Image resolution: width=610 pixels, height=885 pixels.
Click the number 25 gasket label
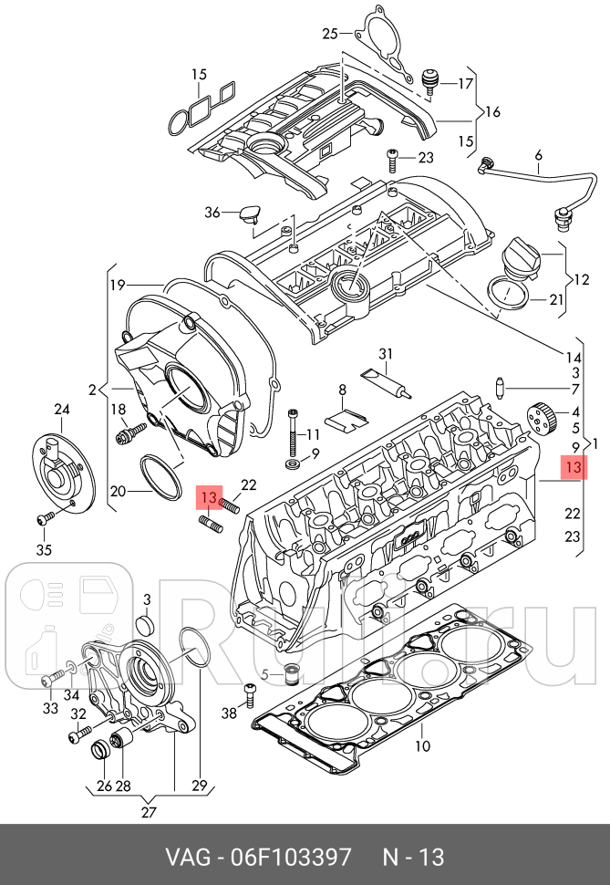(x=330, y=35)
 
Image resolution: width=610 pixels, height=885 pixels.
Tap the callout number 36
(x=212, y=213)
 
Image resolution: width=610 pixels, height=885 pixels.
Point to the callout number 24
(x=62, y=409)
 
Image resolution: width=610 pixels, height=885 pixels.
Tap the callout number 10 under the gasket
(x=421, y=746)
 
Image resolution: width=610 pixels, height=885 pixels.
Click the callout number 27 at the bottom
(x=149, y=813)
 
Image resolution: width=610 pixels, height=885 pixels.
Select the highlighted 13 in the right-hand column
(x=573, y=467)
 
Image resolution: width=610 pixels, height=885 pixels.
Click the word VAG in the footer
(x=185, y=858)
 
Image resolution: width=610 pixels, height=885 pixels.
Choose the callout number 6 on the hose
(x=538, y=155)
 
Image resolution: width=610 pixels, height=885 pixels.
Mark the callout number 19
(x=117, y=285)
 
